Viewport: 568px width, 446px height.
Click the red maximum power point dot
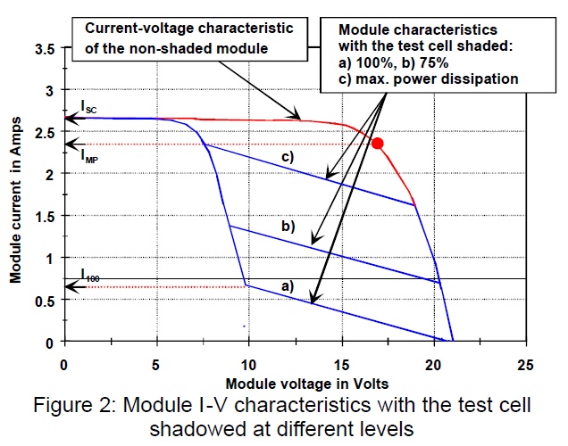(378, 143)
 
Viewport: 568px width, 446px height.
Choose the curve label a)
(287, 286)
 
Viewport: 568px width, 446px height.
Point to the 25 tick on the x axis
(525, 363)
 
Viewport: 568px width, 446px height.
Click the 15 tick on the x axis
(340, 363)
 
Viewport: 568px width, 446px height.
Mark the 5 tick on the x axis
(155, 363)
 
